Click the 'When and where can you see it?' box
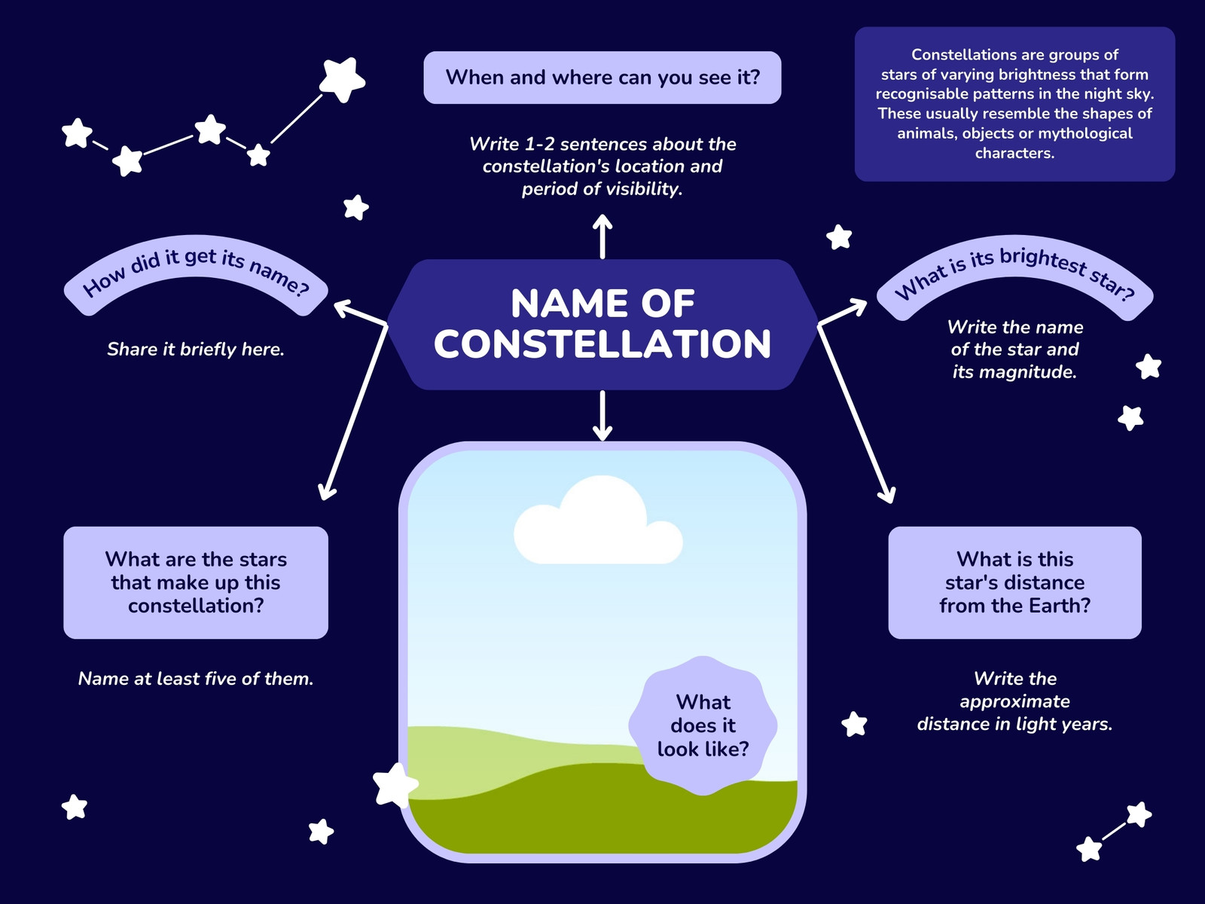point(602,78)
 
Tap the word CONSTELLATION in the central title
point(602,344)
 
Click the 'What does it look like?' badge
point(703,725)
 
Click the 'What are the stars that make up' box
point(195,582)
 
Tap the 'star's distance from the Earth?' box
point(1014,582)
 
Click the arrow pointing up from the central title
point(602,236)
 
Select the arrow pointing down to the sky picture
point(602,416)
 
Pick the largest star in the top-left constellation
point(342,80)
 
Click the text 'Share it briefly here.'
point(195,349)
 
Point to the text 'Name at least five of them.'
point(195,679)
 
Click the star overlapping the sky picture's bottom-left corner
point(395,786)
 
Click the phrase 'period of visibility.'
point(602,189)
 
